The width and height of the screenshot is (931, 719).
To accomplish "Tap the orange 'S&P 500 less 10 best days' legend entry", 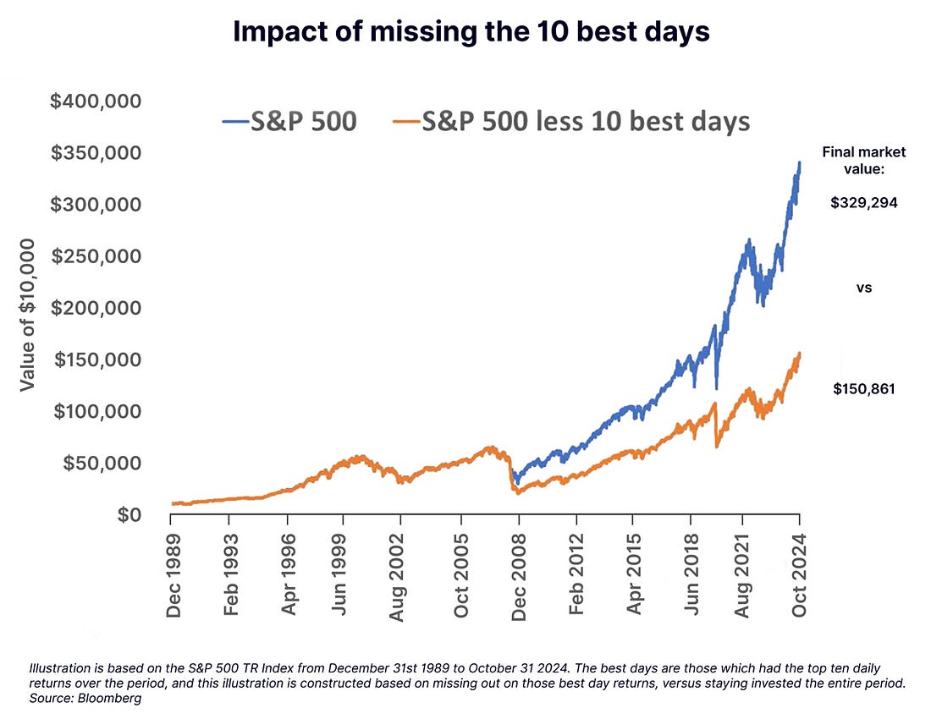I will (x=571, y=121).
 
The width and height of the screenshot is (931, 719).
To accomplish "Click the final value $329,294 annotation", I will (x=864, y=204).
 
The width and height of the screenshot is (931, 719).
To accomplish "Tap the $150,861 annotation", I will (x=864, y=389).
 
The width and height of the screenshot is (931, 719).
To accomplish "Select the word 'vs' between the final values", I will (x=864, y=288).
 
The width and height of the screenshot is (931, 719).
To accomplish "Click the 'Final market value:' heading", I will (x=864, y=161).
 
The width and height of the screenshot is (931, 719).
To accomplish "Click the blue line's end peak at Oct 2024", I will (x=800, y=163).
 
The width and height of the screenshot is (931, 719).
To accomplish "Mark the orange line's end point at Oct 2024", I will (x=800, y=354).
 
